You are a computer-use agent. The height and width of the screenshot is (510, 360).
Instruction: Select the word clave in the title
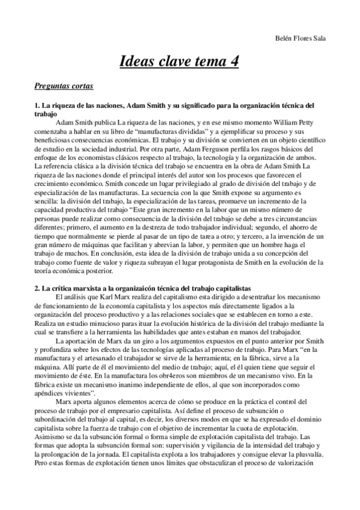pos(169,62)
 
